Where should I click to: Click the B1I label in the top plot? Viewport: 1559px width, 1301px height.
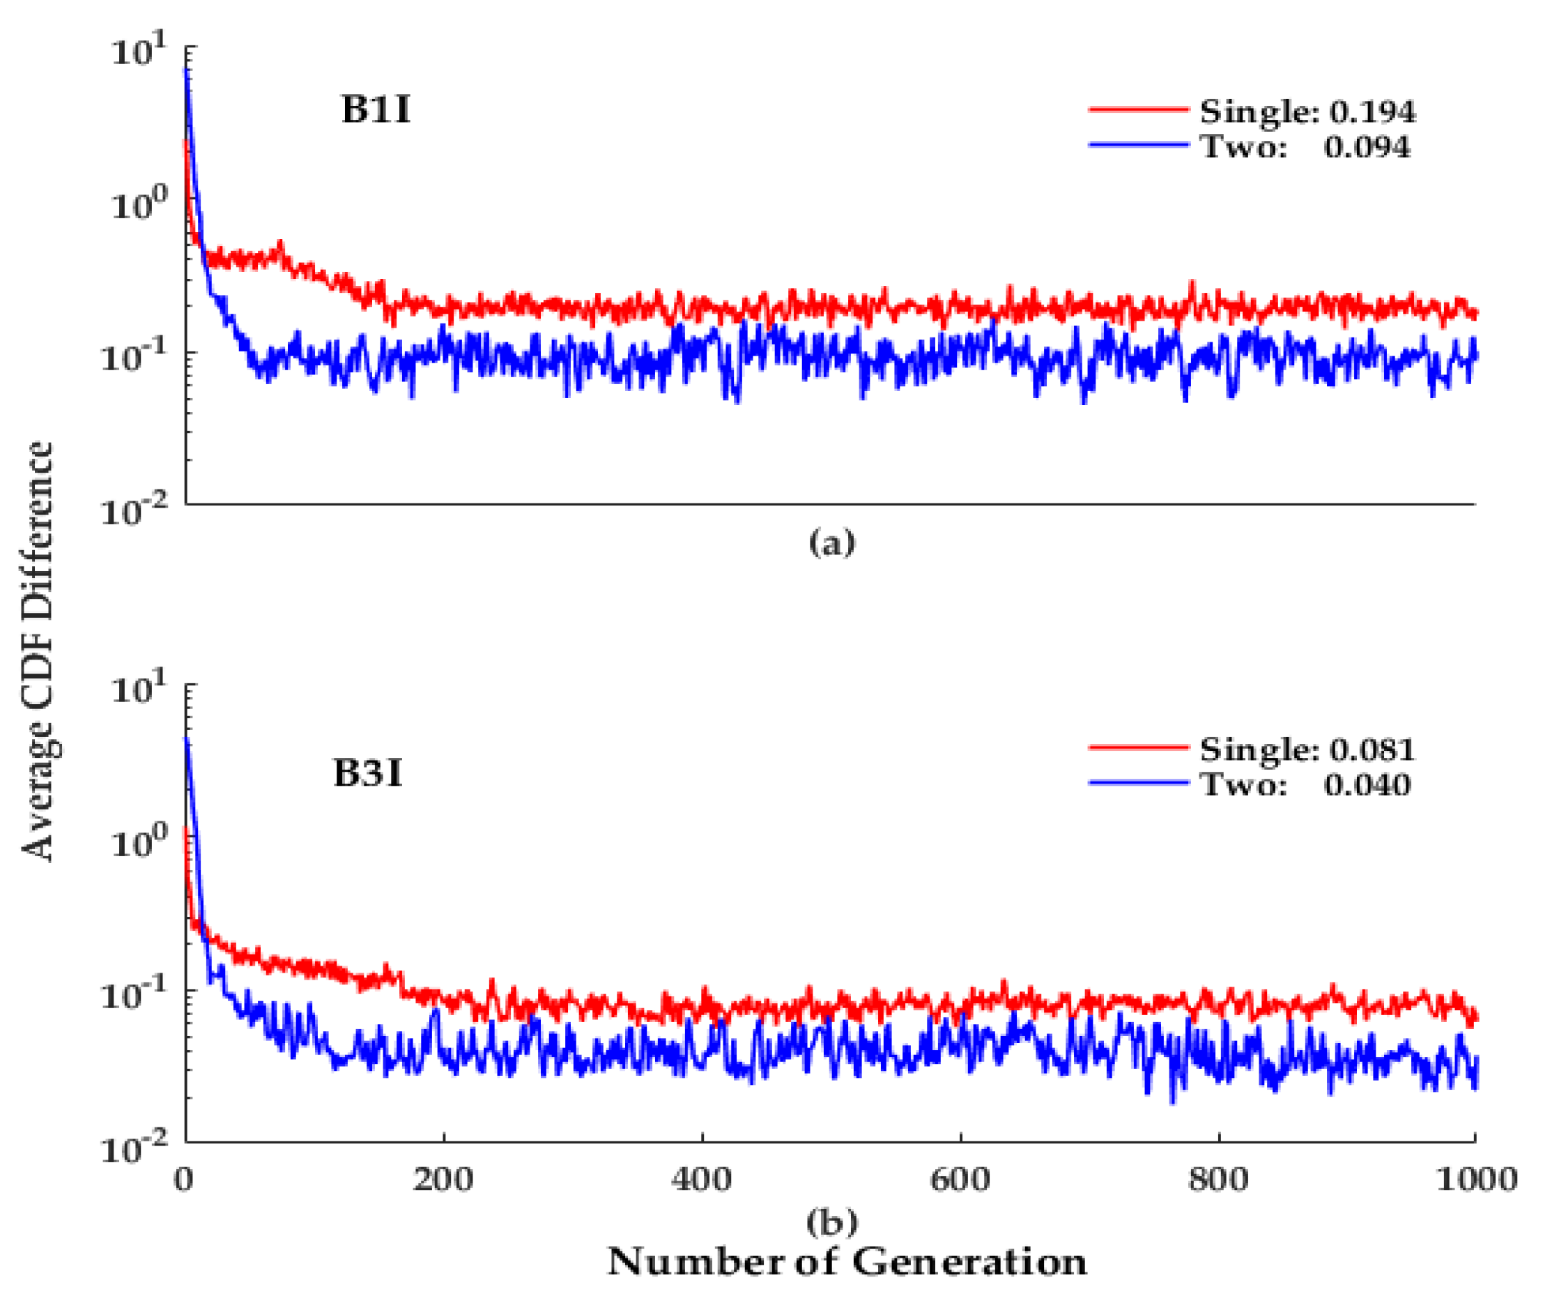376,110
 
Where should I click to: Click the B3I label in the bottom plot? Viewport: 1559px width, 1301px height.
368,773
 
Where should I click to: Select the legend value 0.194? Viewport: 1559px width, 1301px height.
1372,112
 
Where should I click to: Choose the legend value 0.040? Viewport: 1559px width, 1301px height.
1367,784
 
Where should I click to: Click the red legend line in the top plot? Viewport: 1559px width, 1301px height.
1139,109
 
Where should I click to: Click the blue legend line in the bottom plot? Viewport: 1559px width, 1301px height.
1139,782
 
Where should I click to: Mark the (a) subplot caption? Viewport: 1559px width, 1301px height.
831,543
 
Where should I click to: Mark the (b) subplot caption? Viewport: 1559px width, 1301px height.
831,1221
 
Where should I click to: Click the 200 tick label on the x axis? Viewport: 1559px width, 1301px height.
443,1179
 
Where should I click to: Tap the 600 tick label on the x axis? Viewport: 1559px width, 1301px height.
960,1179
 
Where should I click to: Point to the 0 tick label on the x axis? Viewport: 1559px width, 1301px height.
184,1179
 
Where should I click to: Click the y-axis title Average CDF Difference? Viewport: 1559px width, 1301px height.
37,651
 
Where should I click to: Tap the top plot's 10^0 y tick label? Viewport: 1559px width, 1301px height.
137,204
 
